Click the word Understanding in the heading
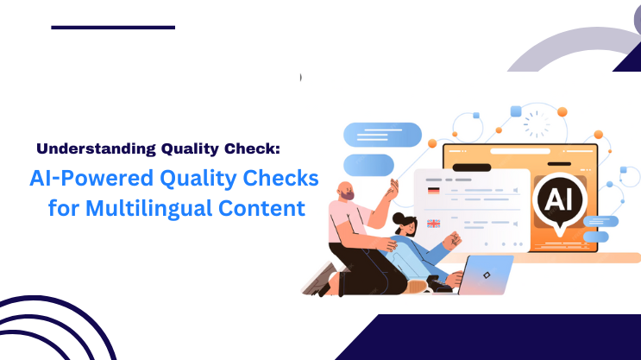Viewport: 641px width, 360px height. click(x=96, y=148)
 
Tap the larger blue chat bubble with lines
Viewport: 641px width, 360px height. click(x=382, y=135)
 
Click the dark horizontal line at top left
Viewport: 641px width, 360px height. click(x=112, y=28)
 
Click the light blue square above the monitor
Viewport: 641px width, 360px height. click(x=515, y=111)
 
